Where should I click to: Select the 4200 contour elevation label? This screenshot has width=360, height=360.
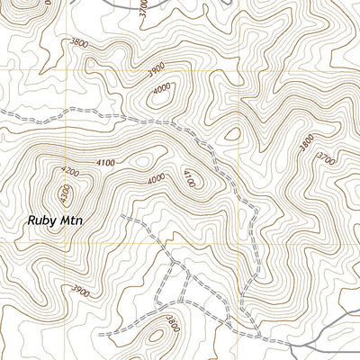[70, 170]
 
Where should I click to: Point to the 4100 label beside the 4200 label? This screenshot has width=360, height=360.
[104, 162]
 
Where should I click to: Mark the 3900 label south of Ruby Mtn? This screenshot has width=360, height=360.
[80, 291]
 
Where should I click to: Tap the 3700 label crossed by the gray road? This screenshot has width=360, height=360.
[143, 8]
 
